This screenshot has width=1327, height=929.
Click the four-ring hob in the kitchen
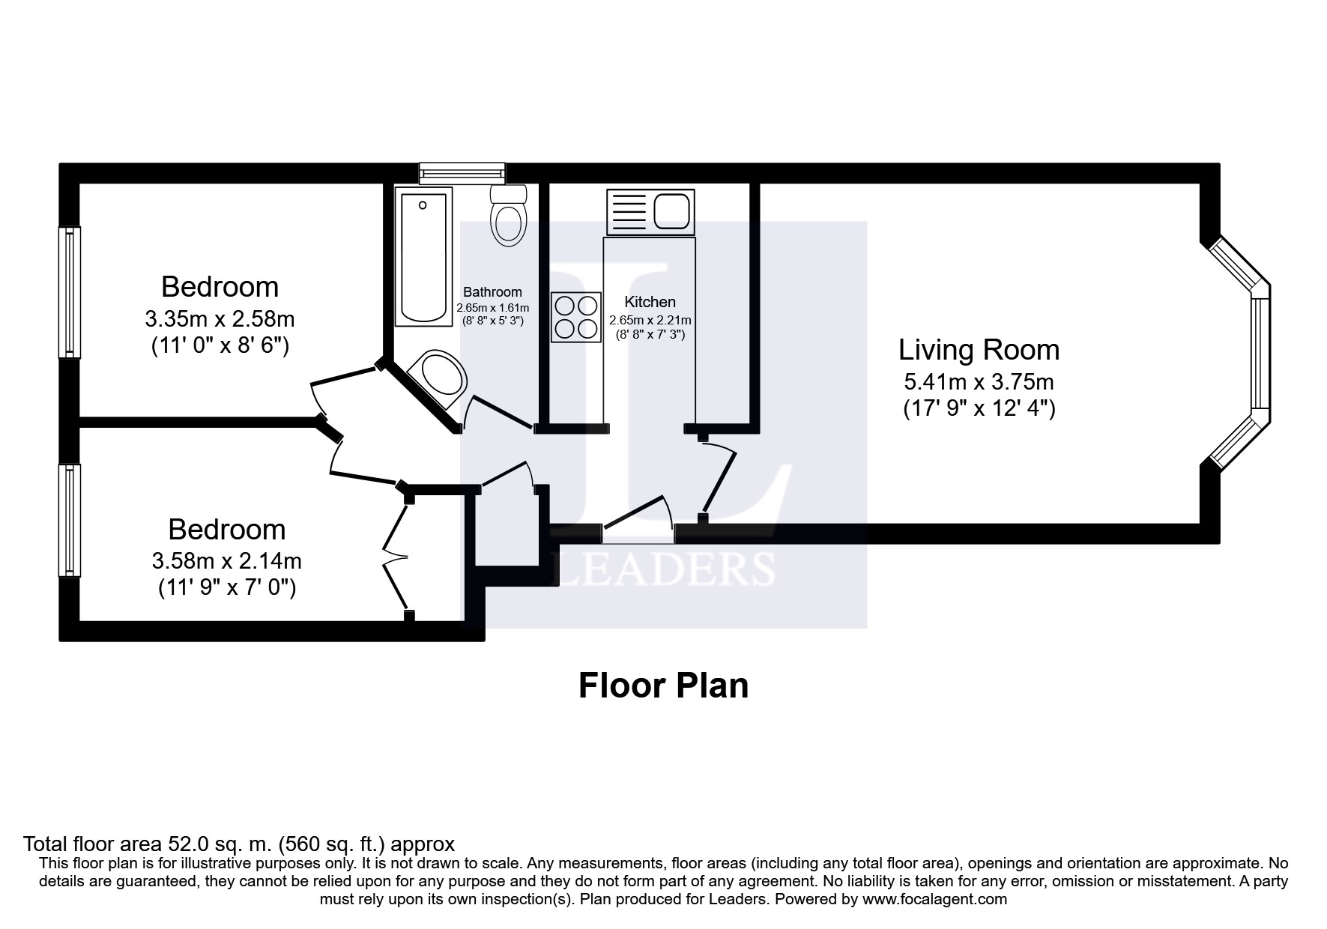click(576, 317)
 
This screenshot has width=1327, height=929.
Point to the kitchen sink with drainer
click(650, 211)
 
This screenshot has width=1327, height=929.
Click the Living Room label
click(979, 350)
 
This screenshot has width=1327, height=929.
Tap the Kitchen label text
click(650, 302)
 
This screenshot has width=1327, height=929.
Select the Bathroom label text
click(492, 292)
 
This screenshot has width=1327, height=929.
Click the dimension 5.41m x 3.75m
click(979, 382)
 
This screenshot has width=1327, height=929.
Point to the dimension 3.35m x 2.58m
click(220, 319)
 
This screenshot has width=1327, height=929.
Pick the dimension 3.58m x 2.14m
click(227, 560)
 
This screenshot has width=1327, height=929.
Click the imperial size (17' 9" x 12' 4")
click(979, 409)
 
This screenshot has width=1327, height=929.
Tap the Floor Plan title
click(664, 686)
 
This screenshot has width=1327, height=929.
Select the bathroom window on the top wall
click(462, 173)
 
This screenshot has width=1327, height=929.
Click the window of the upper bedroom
click(70, 292)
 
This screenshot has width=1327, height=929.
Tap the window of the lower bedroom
click(70, 520)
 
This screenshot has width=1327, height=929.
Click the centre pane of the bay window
click(1261, 354)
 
